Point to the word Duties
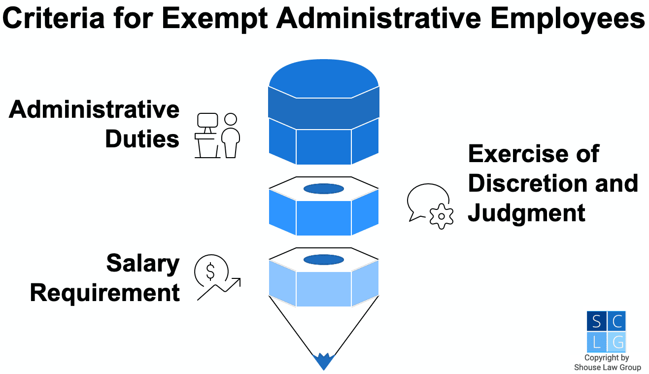142,139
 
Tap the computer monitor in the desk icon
207,121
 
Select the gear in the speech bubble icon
441,216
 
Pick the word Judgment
526,213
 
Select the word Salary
143,264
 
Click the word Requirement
104,293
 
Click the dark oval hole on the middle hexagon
323,189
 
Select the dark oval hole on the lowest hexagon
323,260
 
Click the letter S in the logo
597,322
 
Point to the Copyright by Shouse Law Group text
607,363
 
